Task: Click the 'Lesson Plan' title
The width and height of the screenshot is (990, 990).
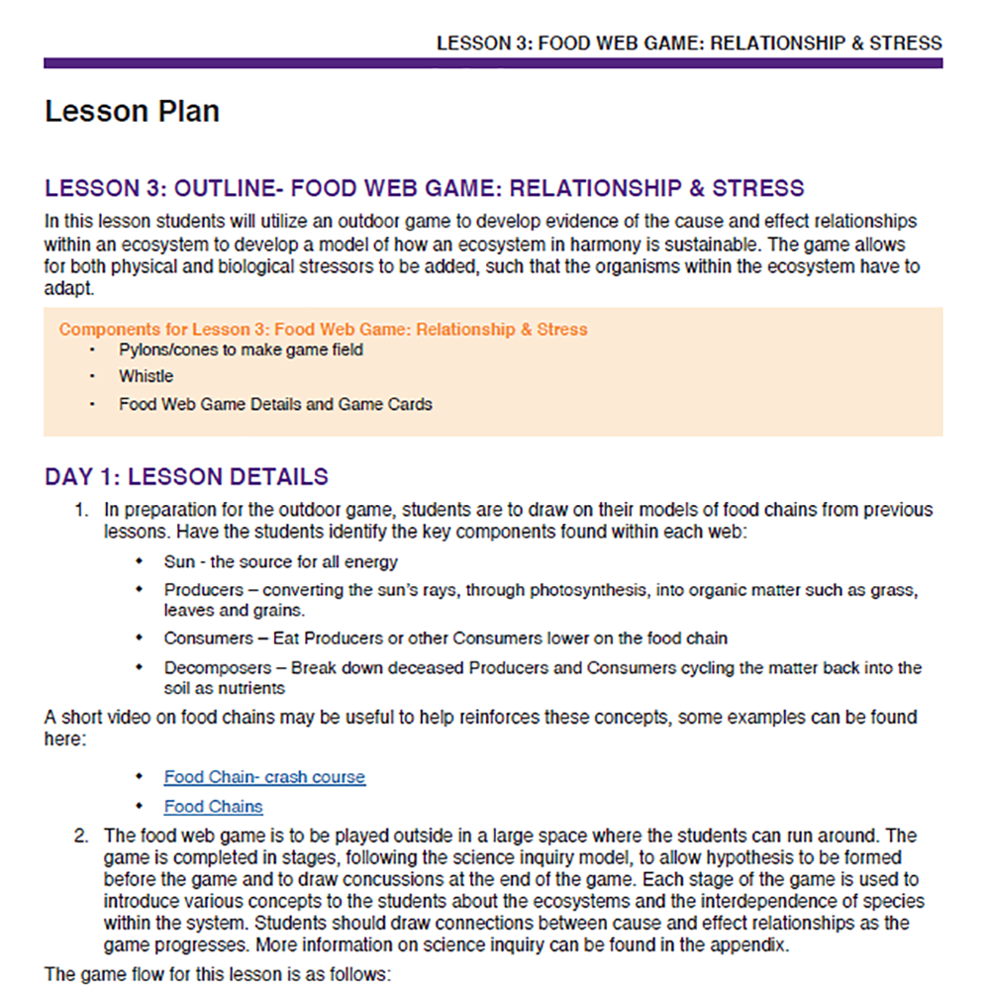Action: [132, 111]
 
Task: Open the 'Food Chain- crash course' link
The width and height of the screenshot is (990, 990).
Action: [264, 777]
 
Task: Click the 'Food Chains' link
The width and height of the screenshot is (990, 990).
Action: [213, 806]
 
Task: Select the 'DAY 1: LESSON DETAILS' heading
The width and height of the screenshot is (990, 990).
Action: [186, 476]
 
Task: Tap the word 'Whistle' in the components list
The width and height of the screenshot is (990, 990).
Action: [146, 376]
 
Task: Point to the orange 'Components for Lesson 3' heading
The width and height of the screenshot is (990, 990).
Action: [323, 329]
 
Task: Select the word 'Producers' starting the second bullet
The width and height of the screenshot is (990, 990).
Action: [203, 590]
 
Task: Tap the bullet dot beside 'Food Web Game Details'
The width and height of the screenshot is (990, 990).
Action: [93, 404]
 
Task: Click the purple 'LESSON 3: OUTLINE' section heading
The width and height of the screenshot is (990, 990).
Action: [424, 188]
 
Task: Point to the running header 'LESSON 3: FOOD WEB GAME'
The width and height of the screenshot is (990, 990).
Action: [689, 44]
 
